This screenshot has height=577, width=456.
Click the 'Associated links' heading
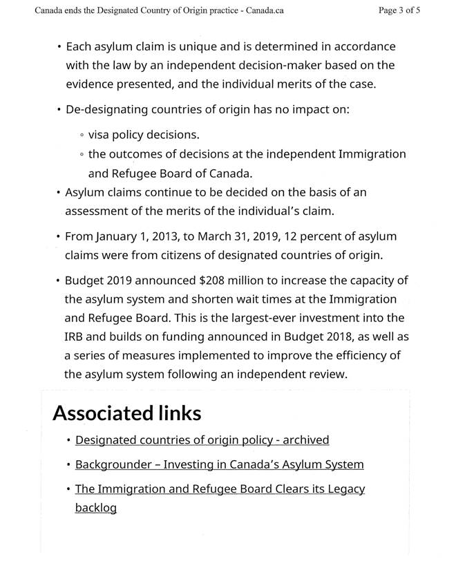(127, 413)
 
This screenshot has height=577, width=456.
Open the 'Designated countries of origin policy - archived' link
(202, 440)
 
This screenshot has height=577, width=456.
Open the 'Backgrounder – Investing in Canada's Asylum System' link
(219, 464)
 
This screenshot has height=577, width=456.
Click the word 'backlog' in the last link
(95, 508)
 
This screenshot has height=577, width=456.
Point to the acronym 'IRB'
(76, 337)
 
